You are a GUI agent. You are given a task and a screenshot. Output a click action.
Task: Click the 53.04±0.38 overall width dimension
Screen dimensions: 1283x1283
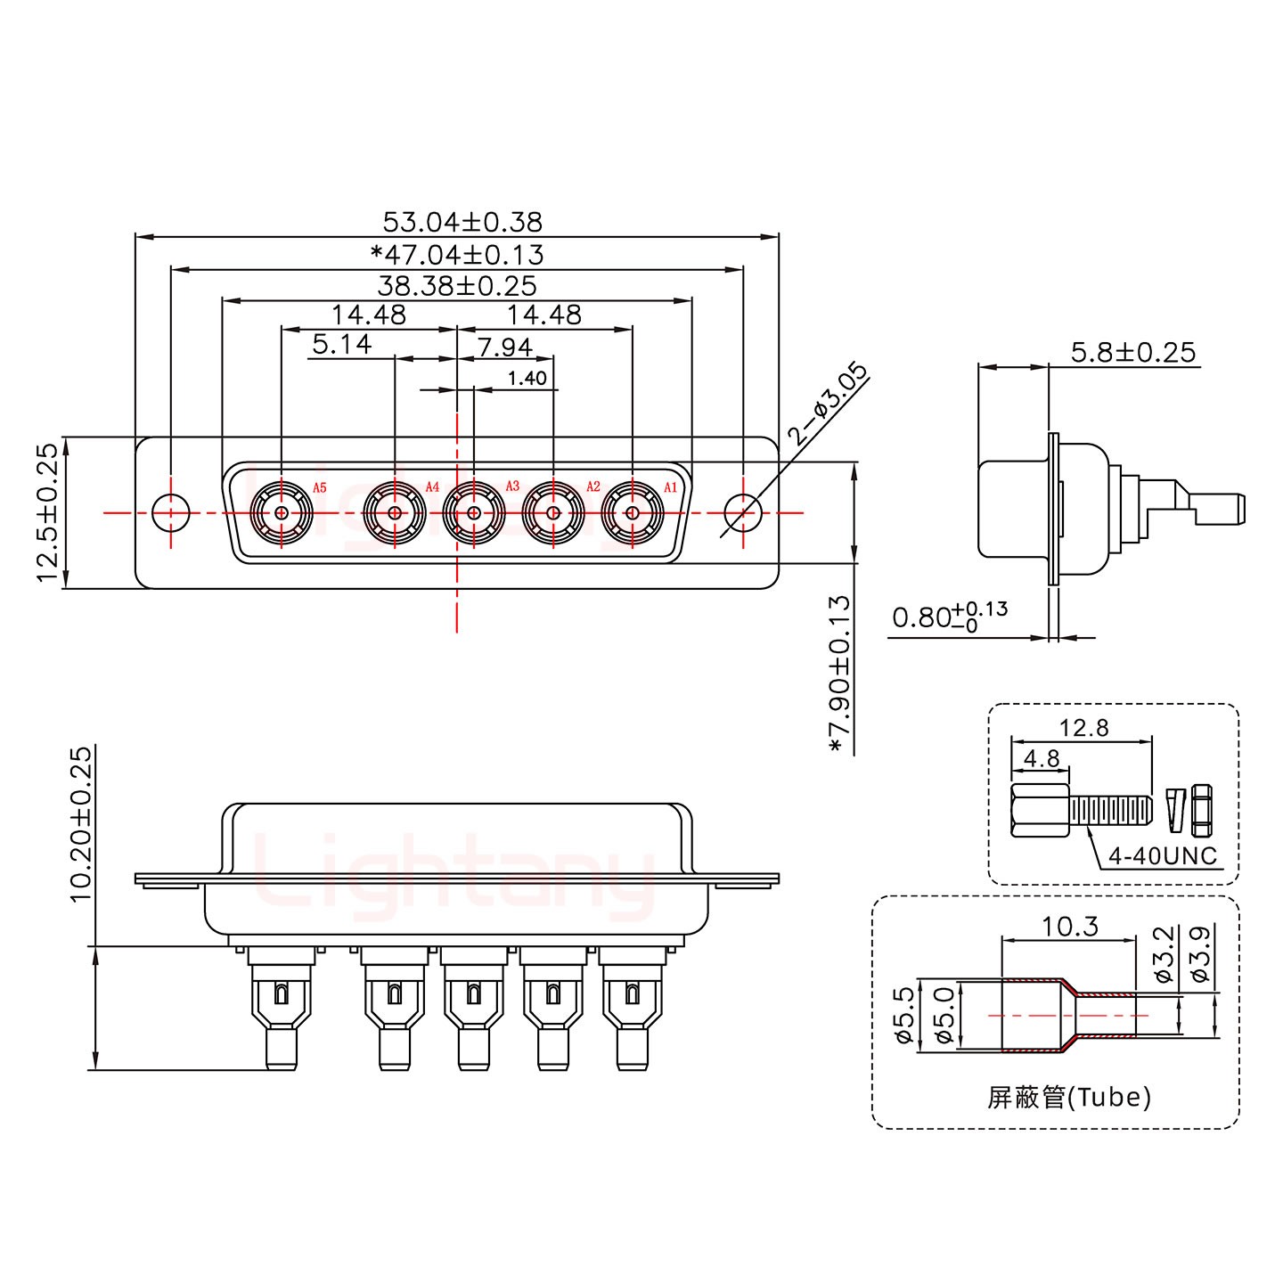click(462, 221)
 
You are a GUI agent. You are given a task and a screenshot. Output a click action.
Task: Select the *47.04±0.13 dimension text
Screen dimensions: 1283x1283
click(456, 255)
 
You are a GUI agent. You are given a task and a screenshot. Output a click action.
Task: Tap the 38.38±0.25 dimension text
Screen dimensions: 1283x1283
click(456, 286)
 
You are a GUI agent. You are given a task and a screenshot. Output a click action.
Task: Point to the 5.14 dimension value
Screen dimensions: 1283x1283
click(342, 344)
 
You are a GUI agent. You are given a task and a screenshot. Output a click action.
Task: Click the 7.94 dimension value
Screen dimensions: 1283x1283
click(504, 347)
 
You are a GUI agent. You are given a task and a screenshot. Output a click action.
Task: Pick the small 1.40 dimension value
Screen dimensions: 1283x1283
click(527, 379)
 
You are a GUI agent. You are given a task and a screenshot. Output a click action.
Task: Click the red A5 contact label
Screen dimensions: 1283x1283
click(320, 488)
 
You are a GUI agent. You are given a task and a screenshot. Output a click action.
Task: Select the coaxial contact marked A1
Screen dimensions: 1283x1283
click(632, 513)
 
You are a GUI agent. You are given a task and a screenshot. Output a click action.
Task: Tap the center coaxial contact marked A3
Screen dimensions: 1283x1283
click(474, 513)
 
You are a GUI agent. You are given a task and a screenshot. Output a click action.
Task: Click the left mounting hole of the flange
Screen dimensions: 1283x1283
click(170, 513)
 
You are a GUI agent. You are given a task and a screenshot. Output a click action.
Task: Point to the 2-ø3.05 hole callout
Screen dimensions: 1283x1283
click(827, 404)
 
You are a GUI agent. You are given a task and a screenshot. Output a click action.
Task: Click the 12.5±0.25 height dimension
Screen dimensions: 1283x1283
click(48, 512)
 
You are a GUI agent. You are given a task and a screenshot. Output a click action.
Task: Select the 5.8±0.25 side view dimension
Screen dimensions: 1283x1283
click(1132, 352)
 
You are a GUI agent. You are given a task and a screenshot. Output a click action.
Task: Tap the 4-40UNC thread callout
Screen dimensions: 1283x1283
click(1162, 856)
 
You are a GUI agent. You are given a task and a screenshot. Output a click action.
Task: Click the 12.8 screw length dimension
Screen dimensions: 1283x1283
click(1083, 728)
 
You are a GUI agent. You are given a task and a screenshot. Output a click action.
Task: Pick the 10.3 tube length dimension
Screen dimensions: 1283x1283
click(1069, 927)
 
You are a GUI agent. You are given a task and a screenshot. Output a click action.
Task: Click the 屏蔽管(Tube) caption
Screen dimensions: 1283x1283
click(1068, 1097)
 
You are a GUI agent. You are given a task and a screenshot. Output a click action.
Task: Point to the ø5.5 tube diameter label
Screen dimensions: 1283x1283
click(903, 1016)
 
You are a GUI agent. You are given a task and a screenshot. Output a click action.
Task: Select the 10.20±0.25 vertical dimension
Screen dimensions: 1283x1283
click(81, 824)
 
